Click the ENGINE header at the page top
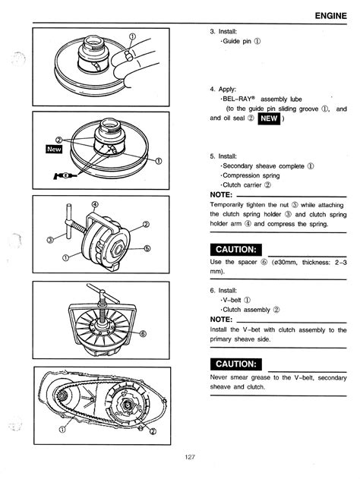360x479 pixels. [330, 16]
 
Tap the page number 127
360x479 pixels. [189, 457]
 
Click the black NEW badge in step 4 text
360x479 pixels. [269, 118]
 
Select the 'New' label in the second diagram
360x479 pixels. [54, 149]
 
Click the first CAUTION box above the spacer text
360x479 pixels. [236, 250]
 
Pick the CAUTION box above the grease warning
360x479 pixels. [236, 364]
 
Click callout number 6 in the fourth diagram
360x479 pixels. [143, 333]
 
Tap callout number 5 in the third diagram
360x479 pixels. [147, 248]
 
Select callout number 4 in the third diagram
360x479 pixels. [95, 204]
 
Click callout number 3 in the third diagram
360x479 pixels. [50, 240]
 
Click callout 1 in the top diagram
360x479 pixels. [132, 36]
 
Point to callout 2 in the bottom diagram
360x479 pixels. [153, 431]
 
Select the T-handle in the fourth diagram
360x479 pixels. [103, 293]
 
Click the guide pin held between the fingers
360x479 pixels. [128, 55]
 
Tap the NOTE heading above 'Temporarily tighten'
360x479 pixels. [221, 195]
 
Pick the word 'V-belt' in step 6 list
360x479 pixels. [232, 300]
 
